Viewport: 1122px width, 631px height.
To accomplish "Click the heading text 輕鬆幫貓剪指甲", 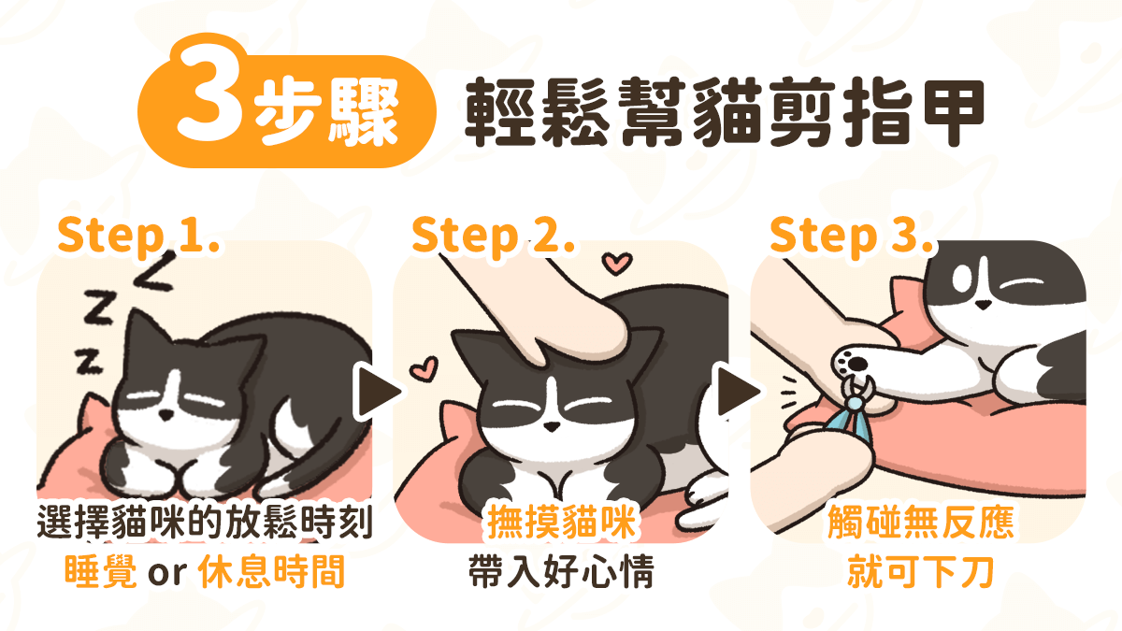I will point(725,110).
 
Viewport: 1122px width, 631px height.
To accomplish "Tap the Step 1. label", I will point(137,236).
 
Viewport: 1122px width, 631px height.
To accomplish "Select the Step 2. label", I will point(492,236).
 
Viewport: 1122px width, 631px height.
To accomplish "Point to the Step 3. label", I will point(851,236).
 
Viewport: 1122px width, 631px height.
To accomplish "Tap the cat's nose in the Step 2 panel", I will point(552,426).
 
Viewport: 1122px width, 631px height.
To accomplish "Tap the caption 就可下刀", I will point(920,572).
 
